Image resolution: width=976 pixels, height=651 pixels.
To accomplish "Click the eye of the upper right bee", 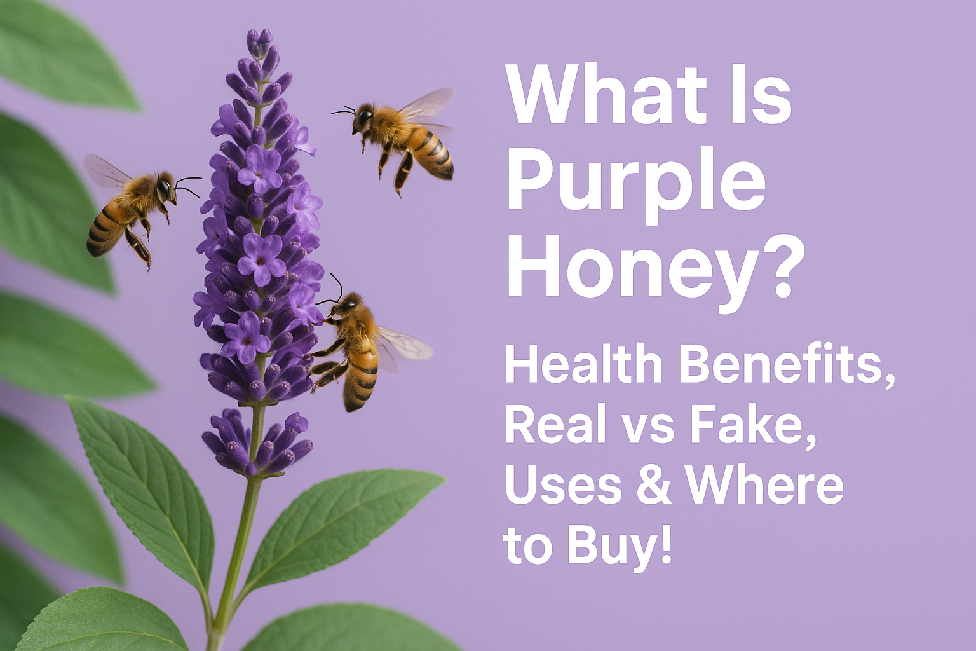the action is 365,116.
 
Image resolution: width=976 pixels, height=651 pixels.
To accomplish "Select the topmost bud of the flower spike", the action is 260,41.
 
